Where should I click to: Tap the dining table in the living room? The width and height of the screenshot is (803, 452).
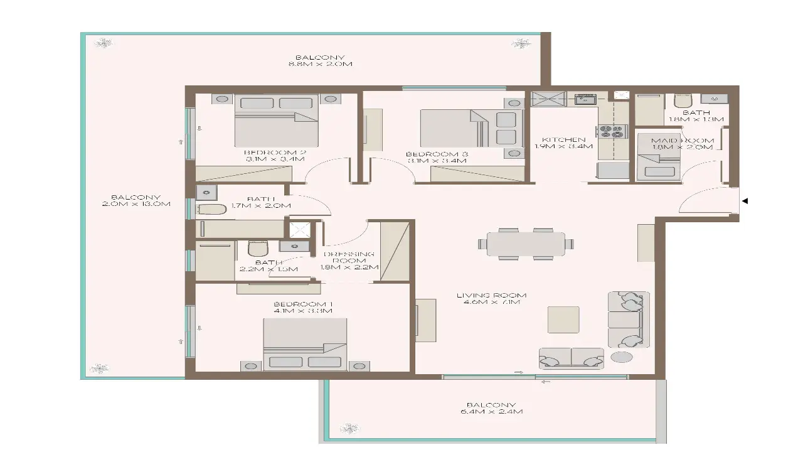(x=526, y=244)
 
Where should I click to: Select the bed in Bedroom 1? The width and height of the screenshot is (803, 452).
(x=305, y=344)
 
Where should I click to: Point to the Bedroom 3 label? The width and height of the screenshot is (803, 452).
(x=437, y=154)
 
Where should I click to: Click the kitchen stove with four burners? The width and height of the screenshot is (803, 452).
(x=612, y=131)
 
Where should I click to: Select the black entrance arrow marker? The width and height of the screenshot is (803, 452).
(x=745, y=202)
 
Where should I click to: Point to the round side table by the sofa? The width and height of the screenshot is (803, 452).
(x=622, y=357)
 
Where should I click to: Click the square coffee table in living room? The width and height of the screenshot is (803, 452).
(x=563, y=320)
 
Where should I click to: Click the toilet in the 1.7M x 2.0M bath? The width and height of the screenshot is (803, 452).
(x=211, y=210)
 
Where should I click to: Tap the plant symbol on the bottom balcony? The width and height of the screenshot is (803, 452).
(x=349, y=429)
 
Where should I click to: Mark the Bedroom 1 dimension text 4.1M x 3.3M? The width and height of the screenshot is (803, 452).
(x=303, y=310)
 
